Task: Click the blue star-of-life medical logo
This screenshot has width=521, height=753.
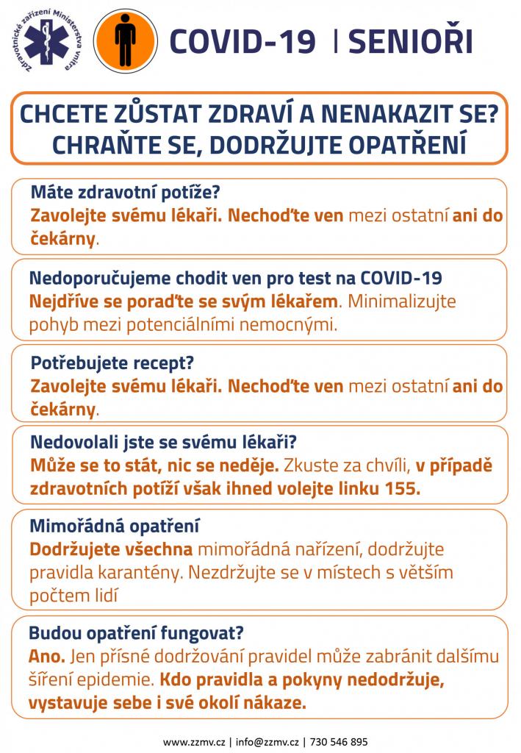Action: click(47, 40)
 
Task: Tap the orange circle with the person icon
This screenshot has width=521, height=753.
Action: click(126, 40)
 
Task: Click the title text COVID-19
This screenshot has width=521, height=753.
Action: click(242, 41)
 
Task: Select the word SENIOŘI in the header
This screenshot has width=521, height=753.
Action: click(410, 41)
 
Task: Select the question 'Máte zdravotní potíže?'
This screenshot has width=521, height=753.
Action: click(126, 193)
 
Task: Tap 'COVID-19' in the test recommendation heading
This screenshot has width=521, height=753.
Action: click(401, 279)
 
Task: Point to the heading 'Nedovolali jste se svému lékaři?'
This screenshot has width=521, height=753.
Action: click(164, 443)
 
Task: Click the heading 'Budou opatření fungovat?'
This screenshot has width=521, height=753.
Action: click(136, 632)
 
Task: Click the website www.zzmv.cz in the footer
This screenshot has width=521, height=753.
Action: click(195, 742)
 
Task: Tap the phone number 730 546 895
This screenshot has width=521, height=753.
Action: click(340, 742)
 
